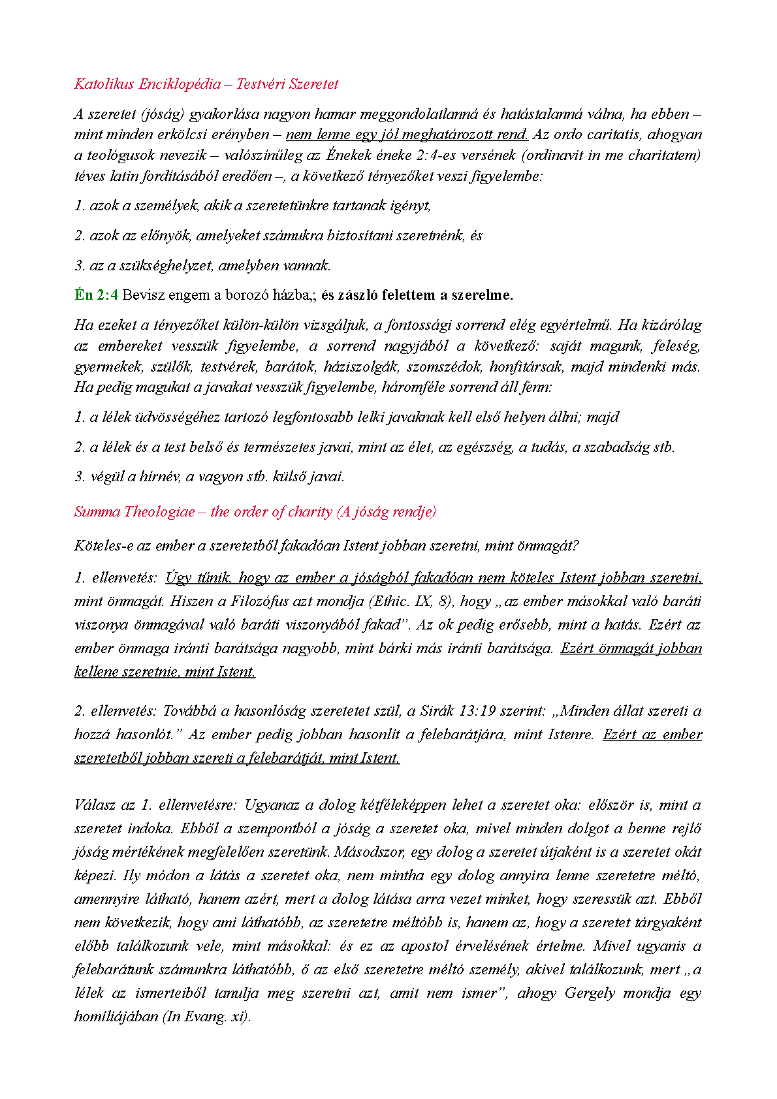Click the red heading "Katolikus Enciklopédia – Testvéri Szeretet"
(x=206, y=84)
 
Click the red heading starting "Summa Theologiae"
(x=255, y=512)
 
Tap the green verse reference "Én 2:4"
(x=96, y=295)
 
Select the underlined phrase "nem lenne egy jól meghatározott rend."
(x=407, y=135)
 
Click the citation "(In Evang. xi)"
(x=206, y=1017)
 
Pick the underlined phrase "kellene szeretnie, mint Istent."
(x=165, y=672)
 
